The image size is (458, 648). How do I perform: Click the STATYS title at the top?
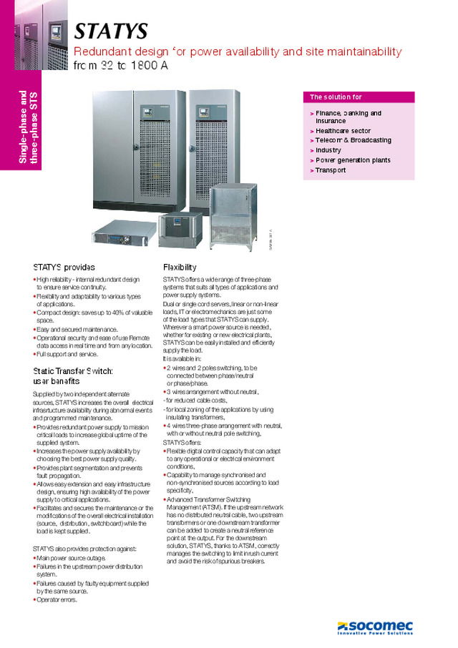[112, 31]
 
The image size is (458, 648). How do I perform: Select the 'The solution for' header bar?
[359, 97]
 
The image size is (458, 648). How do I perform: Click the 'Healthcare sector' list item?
[343, 131]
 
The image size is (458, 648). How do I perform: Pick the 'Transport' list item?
[331, 170]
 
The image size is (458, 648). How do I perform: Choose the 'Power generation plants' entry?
[353, 160]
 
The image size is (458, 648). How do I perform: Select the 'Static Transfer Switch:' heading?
[73, 370]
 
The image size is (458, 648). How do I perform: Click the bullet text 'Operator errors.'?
[57, 599]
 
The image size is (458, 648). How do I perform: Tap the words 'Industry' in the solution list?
[328, 150]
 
